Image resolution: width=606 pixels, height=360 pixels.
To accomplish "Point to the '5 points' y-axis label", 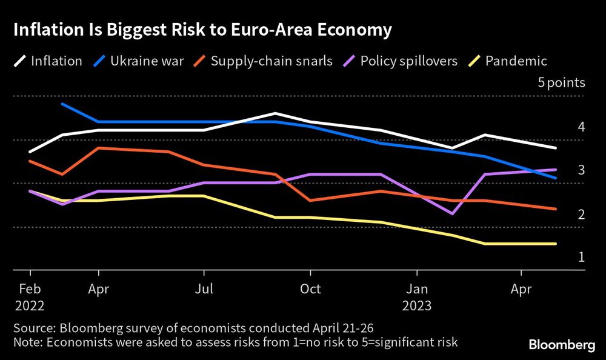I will pyautogui.click(x=562, y=83).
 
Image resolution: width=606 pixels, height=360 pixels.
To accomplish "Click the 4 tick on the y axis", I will pyautogui.click(x=581, y=128).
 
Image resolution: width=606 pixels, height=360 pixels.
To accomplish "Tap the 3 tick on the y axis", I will pyautogui.click(x=581, y=171).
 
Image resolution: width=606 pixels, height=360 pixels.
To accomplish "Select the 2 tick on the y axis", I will pyautogui.click(x=581, y=215).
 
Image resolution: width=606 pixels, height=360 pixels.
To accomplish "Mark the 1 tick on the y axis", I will pyautogui.click(x=581, y=258).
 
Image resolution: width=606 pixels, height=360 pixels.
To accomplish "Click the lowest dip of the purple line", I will pyautogui.click(x=452, y=213).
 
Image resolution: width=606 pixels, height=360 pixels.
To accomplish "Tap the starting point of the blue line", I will pyautogui.click(x=62, y=104).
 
